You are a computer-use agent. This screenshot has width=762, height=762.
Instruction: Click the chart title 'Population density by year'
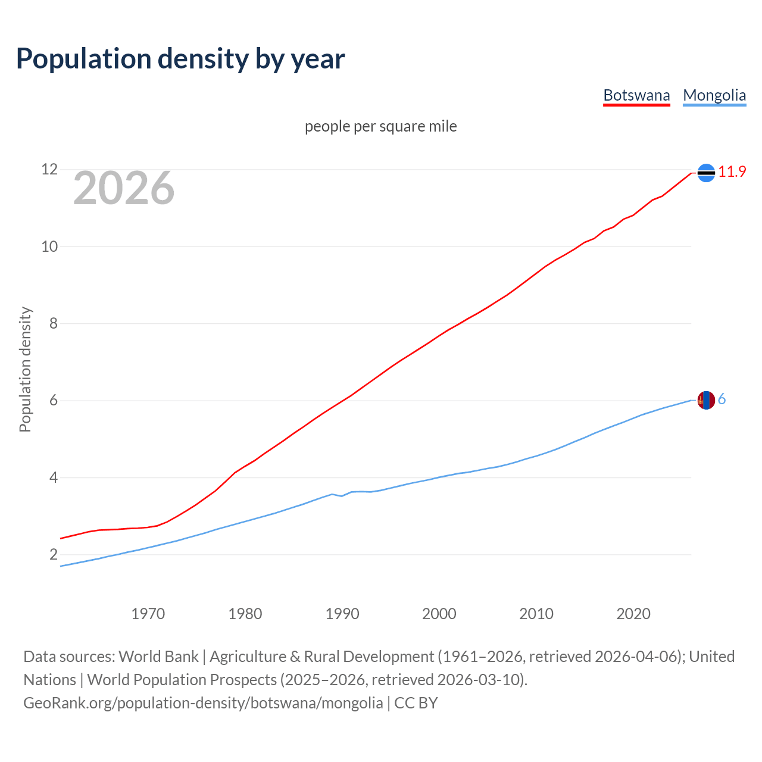[180, 59]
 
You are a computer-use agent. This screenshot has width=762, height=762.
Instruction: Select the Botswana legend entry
[636, 95]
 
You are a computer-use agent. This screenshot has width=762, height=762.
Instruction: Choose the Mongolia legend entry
[714, 95]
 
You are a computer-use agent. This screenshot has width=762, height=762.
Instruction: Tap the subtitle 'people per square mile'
[381, 127]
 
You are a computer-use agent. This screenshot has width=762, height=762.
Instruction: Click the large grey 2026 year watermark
[124, 188]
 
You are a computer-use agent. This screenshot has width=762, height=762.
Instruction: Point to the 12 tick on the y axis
[49, 170]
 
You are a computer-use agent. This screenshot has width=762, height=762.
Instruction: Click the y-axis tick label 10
[49, 246]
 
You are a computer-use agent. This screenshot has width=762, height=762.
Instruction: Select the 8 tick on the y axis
[54, 324]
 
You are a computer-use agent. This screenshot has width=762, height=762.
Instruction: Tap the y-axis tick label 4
[54, 477]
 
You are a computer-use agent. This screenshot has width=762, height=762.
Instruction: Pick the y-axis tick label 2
[54, 555]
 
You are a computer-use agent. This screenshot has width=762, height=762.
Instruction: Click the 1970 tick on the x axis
[148, 614]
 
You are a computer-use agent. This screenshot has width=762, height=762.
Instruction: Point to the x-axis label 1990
[342, 614]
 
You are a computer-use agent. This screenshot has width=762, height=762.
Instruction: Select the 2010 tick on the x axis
[536, 614]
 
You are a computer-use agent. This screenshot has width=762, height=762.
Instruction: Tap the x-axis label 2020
[633, 614]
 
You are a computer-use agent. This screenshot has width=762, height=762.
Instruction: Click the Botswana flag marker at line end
[706, 173]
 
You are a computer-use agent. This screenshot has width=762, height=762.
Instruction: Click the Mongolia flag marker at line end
[706, 400]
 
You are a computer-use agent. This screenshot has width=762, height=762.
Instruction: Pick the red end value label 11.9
[732, 172]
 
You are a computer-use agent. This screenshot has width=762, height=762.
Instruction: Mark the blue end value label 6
[722, 399]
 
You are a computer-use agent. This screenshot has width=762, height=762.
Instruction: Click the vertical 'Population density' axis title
[25, 369]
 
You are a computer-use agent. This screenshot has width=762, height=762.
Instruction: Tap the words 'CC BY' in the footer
[416, 703]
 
